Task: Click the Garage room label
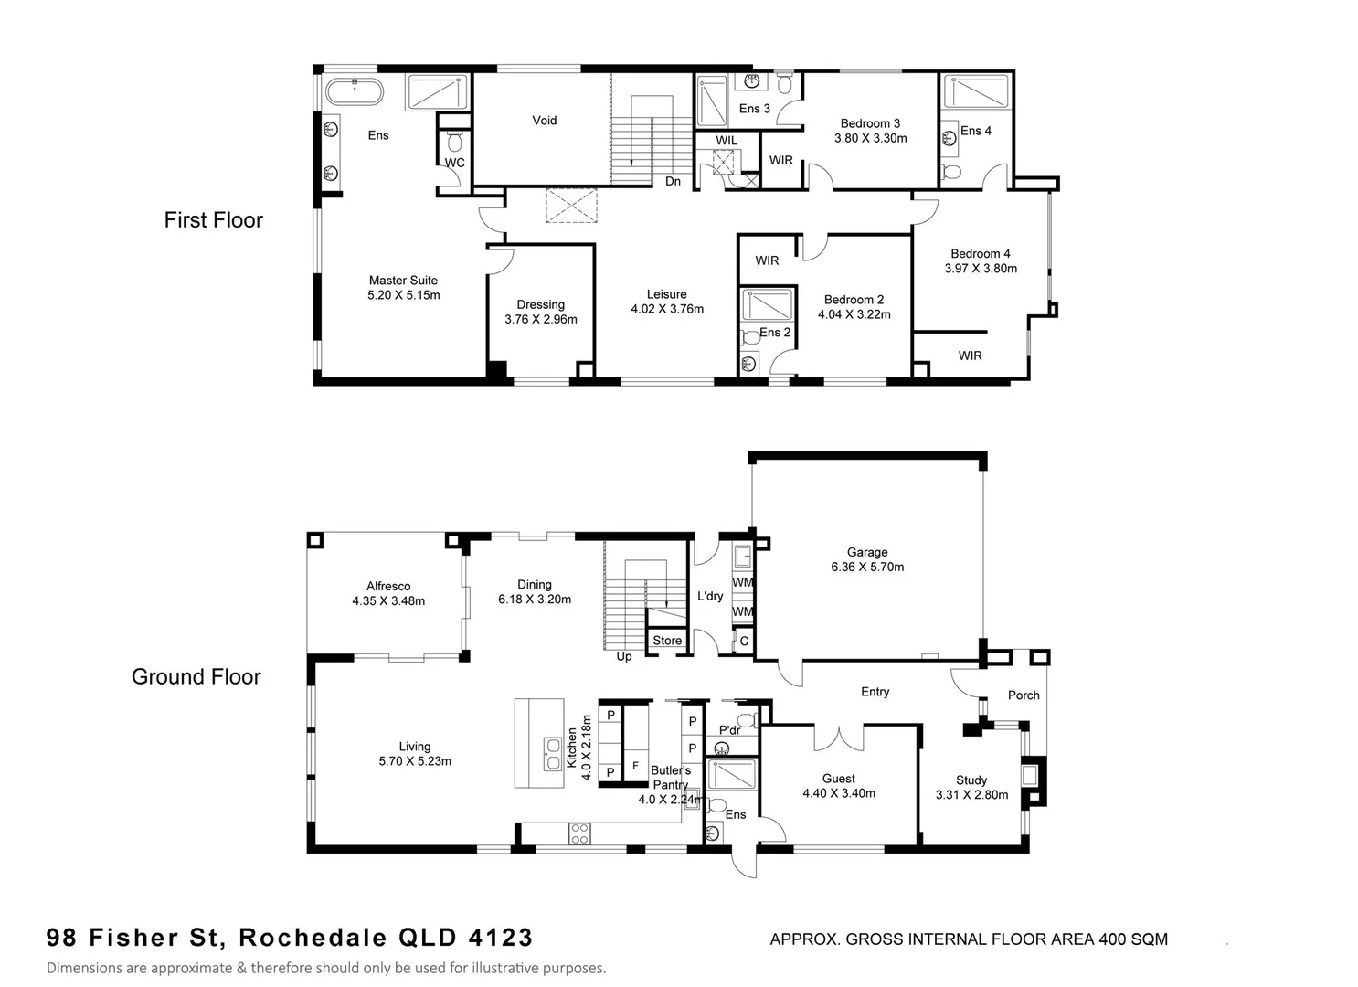(866, 552)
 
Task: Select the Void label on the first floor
(544, 120)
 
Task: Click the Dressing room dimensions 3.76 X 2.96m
(540, 320)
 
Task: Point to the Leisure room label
(666, 294)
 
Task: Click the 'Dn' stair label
(673, 181)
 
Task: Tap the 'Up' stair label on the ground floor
(623, 656)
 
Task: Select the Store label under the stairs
(666, 641)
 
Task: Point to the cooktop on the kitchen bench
(579, 833)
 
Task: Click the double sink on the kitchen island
(553, 754)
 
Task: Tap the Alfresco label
(387, 587)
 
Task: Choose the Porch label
(1024, 695)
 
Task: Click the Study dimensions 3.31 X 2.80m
(971, 795)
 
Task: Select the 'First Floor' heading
(213, 220)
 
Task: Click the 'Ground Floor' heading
(196, 677)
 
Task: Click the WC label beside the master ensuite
(454, 163)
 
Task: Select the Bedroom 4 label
(980, 254)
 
